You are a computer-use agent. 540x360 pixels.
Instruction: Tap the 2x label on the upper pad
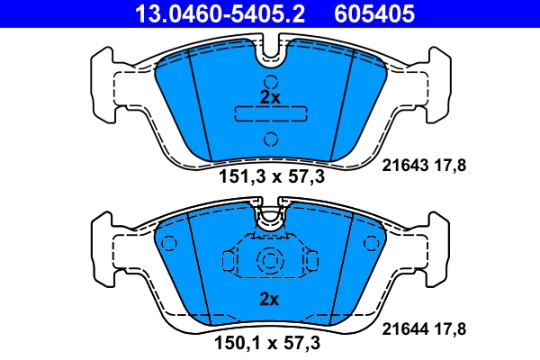point(270,96)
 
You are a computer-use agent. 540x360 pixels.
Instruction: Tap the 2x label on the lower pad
point(270,298)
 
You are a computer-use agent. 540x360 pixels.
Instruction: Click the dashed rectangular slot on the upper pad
point(270,114)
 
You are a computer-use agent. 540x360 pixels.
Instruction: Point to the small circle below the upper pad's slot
point(270,138)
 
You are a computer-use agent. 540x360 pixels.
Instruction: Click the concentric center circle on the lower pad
point(270,261)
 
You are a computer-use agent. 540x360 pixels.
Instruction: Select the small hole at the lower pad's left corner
point(166,243)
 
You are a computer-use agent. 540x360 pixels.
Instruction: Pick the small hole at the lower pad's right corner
point(371,243)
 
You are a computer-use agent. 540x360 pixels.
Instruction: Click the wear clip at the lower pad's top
point(270,217)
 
